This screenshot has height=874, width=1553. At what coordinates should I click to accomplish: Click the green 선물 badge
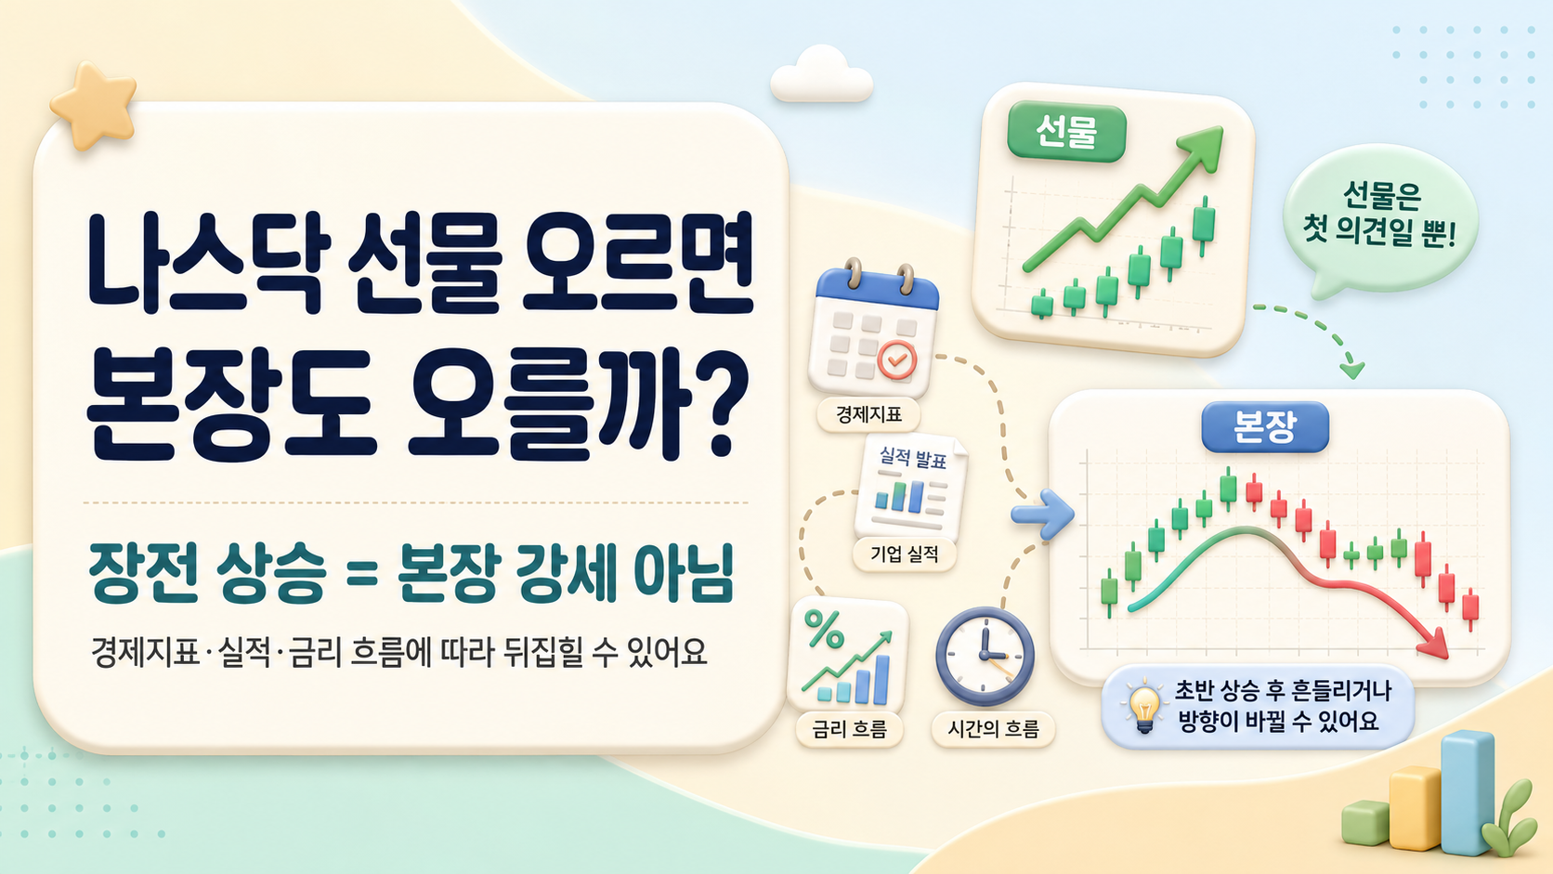(1066, 133)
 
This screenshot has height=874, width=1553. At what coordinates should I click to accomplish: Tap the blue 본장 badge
(1264, 427)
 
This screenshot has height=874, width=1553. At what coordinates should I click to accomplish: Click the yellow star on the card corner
(94, 105)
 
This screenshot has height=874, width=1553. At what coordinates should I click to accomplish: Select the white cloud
(822, 75)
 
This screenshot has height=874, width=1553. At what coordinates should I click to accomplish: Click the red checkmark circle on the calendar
(897, 359)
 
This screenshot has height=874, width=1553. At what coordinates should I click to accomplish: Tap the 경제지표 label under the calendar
(868, 415)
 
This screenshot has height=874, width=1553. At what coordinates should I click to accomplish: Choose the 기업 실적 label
(905, 554)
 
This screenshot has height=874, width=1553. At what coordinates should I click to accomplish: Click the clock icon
(985, 656)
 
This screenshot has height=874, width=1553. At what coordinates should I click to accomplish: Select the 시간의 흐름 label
(994, 729)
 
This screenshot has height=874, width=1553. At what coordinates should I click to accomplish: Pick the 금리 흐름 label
(849, 729)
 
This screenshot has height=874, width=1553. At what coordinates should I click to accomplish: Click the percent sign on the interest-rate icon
(825, 630)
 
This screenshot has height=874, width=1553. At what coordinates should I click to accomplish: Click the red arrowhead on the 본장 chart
(1434, 645)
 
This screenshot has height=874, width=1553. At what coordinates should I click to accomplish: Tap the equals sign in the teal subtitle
(362, 575)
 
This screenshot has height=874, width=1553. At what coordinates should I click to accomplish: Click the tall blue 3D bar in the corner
(1468, 793)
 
